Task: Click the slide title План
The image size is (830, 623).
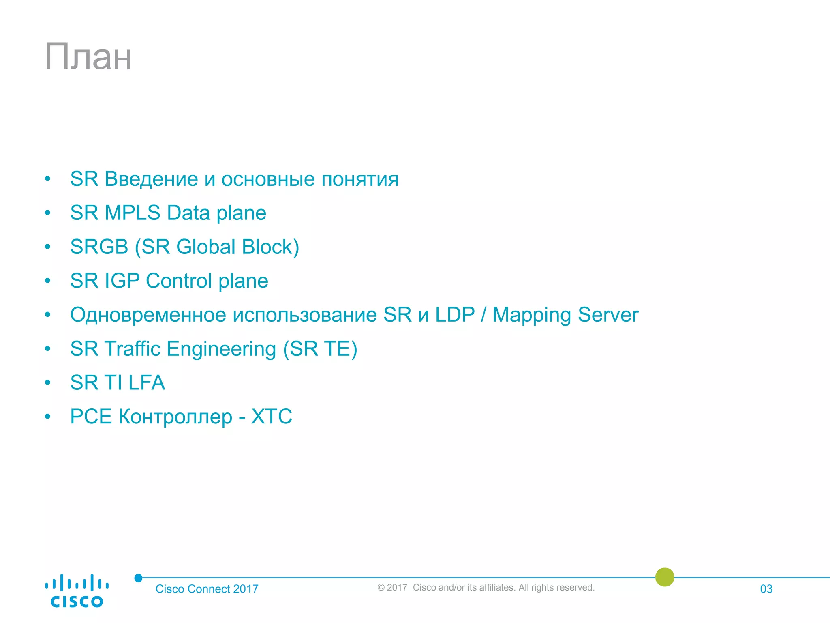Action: [x=88, y=57]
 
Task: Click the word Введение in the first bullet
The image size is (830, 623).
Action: [x=151, y=179]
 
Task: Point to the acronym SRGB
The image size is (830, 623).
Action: [x=99, y=247]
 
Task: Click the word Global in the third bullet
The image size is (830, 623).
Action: [x=206, y=247]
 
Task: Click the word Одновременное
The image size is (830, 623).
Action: [x=148, y=315]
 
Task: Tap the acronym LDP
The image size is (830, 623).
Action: [x=455, y=315]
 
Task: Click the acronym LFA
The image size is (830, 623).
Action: [x=147, y=382]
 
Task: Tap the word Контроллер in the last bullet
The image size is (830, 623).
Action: [x=175, y=417]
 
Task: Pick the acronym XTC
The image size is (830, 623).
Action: [x=272, y=417]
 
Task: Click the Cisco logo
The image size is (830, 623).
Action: [x=77, y=591]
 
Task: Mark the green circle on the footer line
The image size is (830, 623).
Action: [x=665, y=577]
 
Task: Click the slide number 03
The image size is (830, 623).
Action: [x=766, y=589]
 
